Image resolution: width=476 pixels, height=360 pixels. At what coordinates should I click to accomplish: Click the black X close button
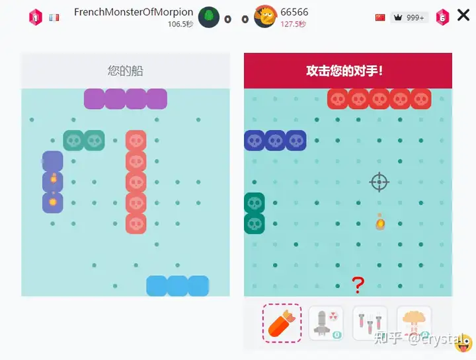coord(463,16)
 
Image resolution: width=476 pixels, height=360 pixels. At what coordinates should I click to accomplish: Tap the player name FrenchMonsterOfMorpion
coord(134,12)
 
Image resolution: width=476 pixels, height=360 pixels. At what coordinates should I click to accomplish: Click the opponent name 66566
coord(294,12)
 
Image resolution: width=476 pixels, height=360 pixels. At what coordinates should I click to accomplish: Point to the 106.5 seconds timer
coord(180,24)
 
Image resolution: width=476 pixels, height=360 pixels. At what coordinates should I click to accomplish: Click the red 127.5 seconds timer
coord(294,24)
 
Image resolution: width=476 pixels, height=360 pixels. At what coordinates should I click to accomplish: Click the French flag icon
coord(54,17)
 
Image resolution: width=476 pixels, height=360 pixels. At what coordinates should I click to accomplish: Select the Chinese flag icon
coord(380,17)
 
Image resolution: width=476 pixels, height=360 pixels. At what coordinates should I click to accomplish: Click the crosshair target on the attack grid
coord(379,182)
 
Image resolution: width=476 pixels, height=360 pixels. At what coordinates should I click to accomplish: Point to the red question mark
coord(358,285)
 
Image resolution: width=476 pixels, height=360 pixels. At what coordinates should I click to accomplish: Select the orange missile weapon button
coord(282,323)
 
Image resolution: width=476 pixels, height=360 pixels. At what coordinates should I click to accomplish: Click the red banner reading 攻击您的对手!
coord(348,71)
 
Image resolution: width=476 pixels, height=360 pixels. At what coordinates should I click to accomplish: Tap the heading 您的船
coord(126,71)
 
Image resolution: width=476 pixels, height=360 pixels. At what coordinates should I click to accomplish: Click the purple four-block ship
coord(126,99)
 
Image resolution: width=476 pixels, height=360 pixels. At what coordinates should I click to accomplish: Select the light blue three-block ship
coord(177,285)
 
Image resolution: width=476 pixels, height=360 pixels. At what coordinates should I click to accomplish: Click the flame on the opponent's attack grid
coord(380,223)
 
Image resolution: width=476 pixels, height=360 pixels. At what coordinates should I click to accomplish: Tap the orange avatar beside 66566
coord(265,17)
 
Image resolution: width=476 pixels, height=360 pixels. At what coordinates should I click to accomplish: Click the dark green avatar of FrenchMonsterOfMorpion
coord(209,17)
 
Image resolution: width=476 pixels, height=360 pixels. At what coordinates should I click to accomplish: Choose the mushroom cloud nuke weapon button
coord(414,323)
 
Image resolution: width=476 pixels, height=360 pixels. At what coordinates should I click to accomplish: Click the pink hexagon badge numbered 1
coord(36,17)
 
